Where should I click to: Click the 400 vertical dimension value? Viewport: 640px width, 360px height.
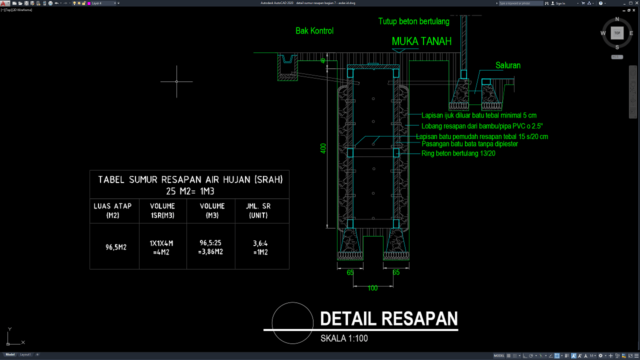pyautogui.click(x=323, y=148)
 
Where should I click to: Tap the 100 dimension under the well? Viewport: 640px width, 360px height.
pyautogui.click(x=370, y=288)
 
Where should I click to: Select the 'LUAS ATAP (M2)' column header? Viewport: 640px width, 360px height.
pyautogui.click(x=107, y=211)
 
